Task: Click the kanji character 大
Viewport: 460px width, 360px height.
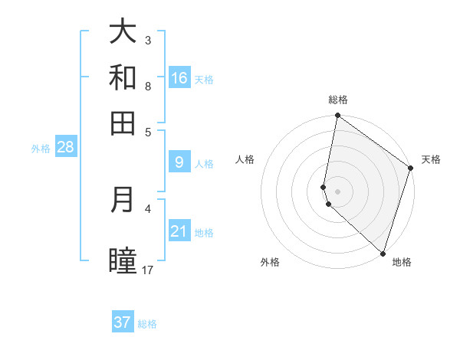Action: click(123, 31)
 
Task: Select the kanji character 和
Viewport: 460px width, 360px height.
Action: click(123, 77)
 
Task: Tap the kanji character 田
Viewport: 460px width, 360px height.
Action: click(123, 123)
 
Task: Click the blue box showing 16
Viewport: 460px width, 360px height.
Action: click(179, 78)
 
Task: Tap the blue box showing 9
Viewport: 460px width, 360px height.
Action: click(179, 162)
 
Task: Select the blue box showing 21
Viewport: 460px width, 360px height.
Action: click(179, 231)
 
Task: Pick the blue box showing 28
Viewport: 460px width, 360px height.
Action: click(65, 147)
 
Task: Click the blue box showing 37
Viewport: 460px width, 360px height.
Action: click(123, 322)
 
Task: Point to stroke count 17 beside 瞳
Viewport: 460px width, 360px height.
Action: click(148, 270)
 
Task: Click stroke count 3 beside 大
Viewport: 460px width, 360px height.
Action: click(148, 40)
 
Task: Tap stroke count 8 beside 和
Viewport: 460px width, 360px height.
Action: click(148, 86)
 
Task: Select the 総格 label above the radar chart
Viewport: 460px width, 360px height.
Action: click(338, 100)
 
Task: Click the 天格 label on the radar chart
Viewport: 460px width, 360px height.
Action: click(431, 159)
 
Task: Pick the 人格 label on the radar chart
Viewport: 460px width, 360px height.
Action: click(245, 159)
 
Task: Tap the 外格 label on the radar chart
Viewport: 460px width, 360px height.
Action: click(270, 262)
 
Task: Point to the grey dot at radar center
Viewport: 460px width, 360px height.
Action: click(338, 191)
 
